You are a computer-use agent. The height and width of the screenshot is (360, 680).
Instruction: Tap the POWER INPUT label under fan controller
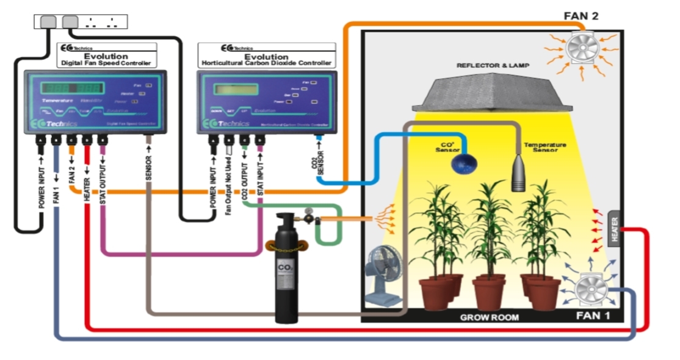point(42,182)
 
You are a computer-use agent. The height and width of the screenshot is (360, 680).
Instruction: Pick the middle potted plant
point(489,244)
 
